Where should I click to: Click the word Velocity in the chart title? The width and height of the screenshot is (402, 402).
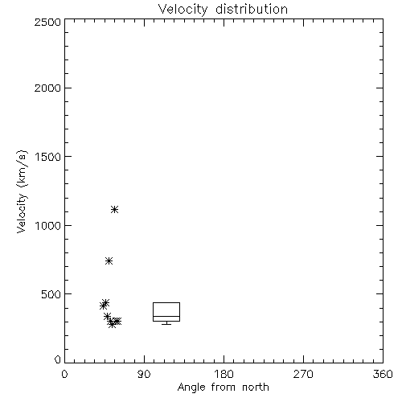tap(183, 10)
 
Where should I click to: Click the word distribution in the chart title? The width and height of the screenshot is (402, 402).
tap(252, 9)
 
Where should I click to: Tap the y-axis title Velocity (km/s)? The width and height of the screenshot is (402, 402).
tap(22, 191)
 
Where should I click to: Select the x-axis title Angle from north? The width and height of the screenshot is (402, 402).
tap(223, 387)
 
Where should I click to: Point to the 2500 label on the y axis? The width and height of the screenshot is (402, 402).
tap(47, 22)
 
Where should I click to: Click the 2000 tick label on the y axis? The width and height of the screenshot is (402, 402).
tap(47, 88)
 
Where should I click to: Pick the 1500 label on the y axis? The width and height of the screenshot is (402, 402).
tap(48, 157)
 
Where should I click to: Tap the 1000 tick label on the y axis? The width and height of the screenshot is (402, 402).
tap(48, 226)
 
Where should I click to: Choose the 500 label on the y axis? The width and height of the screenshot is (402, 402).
tap(51, 294)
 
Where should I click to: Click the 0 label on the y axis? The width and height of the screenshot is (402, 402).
tap(58, 359)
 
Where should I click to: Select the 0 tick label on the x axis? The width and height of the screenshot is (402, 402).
tap(64, 374)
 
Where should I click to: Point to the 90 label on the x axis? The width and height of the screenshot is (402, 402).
tap(144, 374)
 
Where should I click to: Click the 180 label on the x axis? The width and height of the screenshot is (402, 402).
tap(224, 374)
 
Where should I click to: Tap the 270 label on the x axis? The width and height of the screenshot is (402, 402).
tap(303, 374)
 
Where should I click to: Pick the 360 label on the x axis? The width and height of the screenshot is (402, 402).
tap(383, 374)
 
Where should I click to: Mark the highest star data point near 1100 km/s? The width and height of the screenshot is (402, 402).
tap(115, 209)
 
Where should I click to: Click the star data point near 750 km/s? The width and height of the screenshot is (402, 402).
tap(109, 260)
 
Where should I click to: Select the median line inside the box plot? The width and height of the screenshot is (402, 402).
tap(166, 316)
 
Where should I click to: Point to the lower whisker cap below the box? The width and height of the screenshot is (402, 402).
tap(166, 324)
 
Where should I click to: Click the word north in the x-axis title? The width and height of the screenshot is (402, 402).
tap(256, 387)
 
